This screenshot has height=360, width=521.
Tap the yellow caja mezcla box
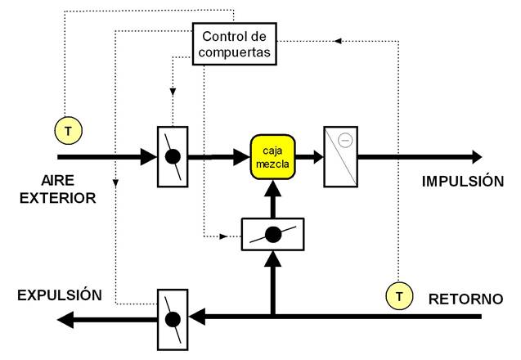(x=272, y=155)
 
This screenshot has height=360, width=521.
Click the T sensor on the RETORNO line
(x=398, y=295)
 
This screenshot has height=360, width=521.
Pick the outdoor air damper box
(x=172, y=155)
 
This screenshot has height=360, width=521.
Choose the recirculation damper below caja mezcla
(x=272, y=234)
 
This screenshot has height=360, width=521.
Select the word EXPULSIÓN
(x=62, y=295)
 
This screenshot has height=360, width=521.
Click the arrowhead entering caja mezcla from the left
(x=243, y=155)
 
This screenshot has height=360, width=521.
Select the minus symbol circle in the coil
(x=345, y=140)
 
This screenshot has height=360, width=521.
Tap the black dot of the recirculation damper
(x=273, y=234)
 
